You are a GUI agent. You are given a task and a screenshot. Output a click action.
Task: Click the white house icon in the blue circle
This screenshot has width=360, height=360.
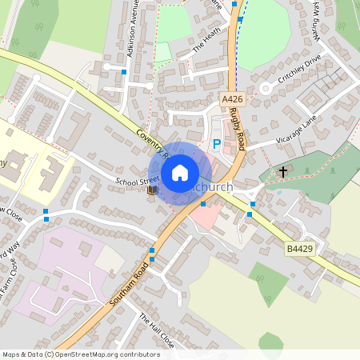pyautogui.click(x=180, y=172)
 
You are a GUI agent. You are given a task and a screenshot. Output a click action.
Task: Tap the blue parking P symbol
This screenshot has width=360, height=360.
pyautogui.click(x=217, y=145)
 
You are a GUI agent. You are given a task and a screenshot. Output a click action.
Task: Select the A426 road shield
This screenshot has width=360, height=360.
pyautogui.click(x=232, y=99)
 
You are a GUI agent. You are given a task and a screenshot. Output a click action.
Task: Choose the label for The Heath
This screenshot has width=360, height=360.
pyautogui.click(x=206, y=40)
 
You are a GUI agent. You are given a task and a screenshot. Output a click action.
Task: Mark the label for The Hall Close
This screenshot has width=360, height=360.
pyautogui.click(x=155, y=329)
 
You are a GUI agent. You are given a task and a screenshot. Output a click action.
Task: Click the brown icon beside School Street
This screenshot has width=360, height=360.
pyautogui.click(x=153, y=190)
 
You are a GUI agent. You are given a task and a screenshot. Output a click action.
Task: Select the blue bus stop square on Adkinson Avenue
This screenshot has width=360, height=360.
pyautogui.click(x=124, y=72)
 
